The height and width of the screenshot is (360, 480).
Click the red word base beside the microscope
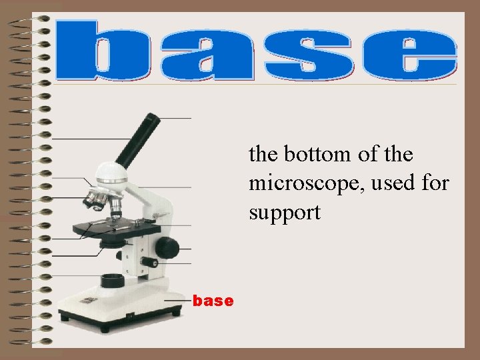pos(213,301)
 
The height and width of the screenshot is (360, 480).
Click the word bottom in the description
pos(317,155)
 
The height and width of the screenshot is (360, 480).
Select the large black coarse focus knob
pos(168,247)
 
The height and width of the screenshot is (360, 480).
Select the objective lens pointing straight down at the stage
pos(115,207)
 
